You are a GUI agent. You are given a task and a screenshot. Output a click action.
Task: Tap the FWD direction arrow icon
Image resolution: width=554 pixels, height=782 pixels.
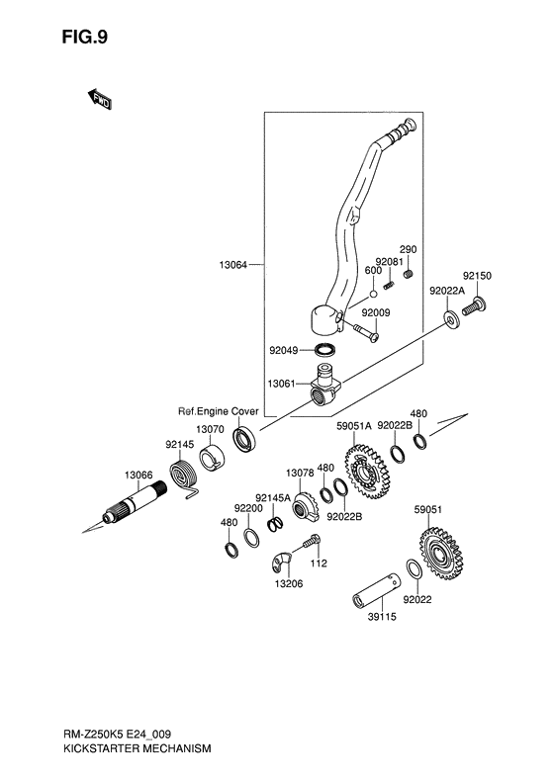(x=99, y=98)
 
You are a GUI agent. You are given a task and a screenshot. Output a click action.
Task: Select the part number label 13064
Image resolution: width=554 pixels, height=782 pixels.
(x=233, y=265)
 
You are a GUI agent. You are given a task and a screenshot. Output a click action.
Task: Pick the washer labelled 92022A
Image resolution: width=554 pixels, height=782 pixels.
(x=450, y=318)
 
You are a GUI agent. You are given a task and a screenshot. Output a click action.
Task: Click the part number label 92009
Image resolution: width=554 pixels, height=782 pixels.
(x=375, y=311)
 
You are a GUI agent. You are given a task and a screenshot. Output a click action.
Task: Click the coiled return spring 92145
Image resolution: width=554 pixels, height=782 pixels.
(x=182, y=478)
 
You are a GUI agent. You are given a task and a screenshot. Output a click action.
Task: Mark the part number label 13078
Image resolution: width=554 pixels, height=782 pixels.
(x=300, y=473)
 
